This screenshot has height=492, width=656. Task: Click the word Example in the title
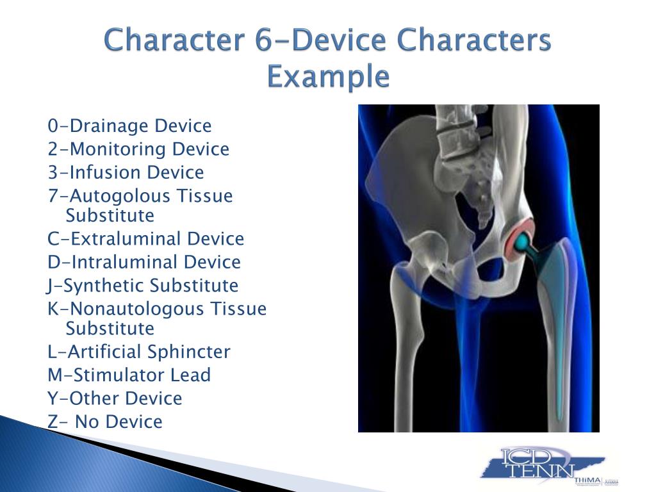(x=329, y=77)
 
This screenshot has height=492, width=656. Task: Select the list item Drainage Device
(x=129, y=126)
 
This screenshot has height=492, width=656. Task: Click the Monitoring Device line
(x=138, y=149)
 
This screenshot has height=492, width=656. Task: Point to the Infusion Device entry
(x=126, y=172)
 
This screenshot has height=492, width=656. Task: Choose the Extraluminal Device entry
(x=145, y=238)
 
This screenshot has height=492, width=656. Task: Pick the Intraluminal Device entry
(x=144, y=262)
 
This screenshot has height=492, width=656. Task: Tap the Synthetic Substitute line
(x=143, y=285)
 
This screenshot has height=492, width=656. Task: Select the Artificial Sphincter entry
(x=139, y=352)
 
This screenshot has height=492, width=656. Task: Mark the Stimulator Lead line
(x=129, y=375)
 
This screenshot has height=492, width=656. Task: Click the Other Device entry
(x=115, y=398)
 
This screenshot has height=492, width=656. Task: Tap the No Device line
(x=104, y=422)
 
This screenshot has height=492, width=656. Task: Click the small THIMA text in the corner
(x=587, y=480)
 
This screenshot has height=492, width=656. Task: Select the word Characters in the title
(x=474, y=40)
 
